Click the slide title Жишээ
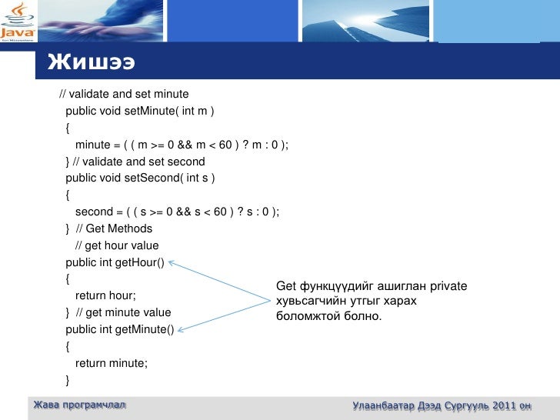click(x=91, y=62)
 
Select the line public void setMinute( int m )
click(x=140, y=111)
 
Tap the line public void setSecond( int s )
click(x=140, y=178)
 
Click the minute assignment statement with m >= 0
click(x=182, y=145)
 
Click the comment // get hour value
click(x=116, y=245)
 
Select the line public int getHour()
click(x=115, y=262)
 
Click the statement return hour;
click(x=105, y=295)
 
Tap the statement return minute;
click(x=111, y=362)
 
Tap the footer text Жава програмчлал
click(x=78, y=405)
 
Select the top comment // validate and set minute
click(x=124, y=94)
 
